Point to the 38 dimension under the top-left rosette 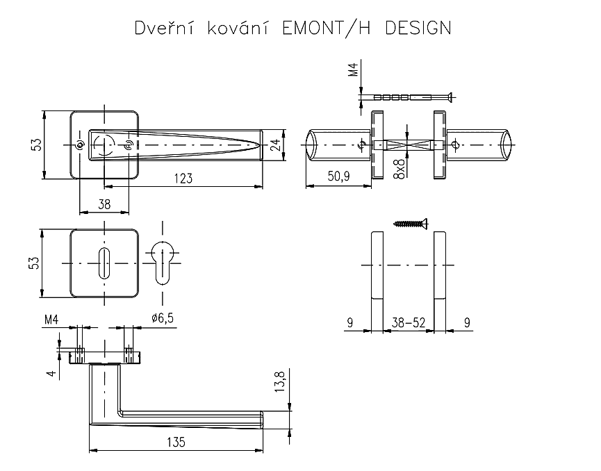point(104,204)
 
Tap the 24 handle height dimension point(276,144)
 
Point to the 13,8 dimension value point(280,382)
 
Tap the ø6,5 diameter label point(162,319)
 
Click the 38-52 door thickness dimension point(408,322)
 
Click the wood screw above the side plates point(411,223)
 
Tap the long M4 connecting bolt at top point(411,97)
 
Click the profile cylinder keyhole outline point(163,263)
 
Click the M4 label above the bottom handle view point(51,320)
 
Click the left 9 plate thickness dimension point(349,322)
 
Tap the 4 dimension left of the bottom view point(49,372)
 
